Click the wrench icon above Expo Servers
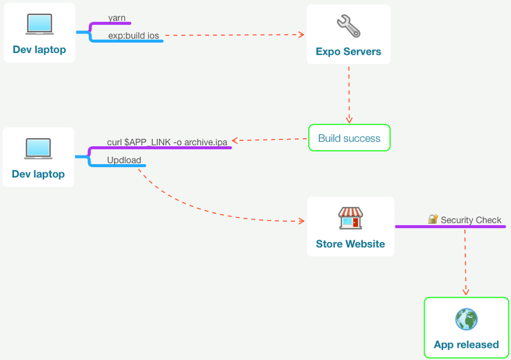pos(348,26)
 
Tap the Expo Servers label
pos(348,52)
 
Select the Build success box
pos(350,138)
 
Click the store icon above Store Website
pos(350,218)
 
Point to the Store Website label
pos(350,244)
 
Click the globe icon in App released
pos(466,319)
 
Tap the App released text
pos(466,344)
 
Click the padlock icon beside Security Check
pos(433,219)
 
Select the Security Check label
pos(471,220)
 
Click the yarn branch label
pos(117,17)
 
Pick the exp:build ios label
pos(134,35)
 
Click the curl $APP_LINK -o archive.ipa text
pos(167,142)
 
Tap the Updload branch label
pos(124,160)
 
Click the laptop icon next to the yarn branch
pos(39,24)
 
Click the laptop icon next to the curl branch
pos(38,149)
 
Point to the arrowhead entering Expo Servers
pos(301,34)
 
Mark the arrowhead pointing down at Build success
pos(349,120)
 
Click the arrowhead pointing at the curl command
pos(235,141)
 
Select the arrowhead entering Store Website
pos(302,221)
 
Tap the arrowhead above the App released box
pos(466,291)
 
